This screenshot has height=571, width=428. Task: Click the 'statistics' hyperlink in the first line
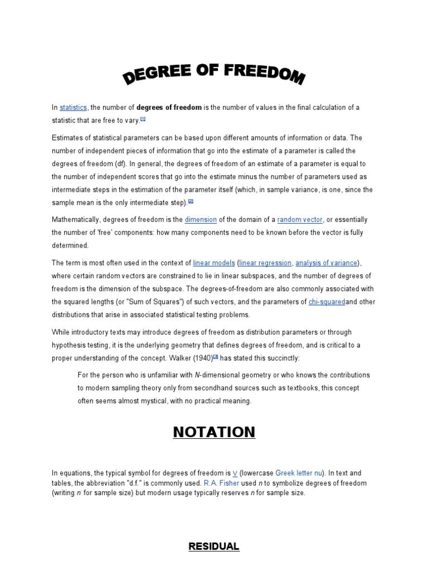(73, 108)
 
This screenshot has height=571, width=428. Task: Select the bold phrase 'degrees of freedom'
(169, 108)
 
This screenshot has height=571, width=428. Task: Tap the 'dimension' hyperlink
(200, 220)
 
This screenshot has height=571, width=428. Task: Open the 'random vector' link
(300, 220)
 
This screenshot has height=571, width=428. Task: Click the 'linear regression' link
(265, 263)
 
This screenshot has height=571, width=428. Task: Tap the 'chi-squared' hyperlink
(327, 302)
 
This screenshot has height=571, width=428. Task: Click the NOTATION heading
(214, 432)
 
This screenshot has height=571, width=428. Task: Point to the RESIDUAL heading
(214, 546)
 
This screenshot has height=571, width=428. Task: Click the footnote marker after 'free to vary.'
(143, 119)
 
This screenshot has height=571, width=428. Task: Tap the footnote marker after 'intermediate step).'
(191, 201)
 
